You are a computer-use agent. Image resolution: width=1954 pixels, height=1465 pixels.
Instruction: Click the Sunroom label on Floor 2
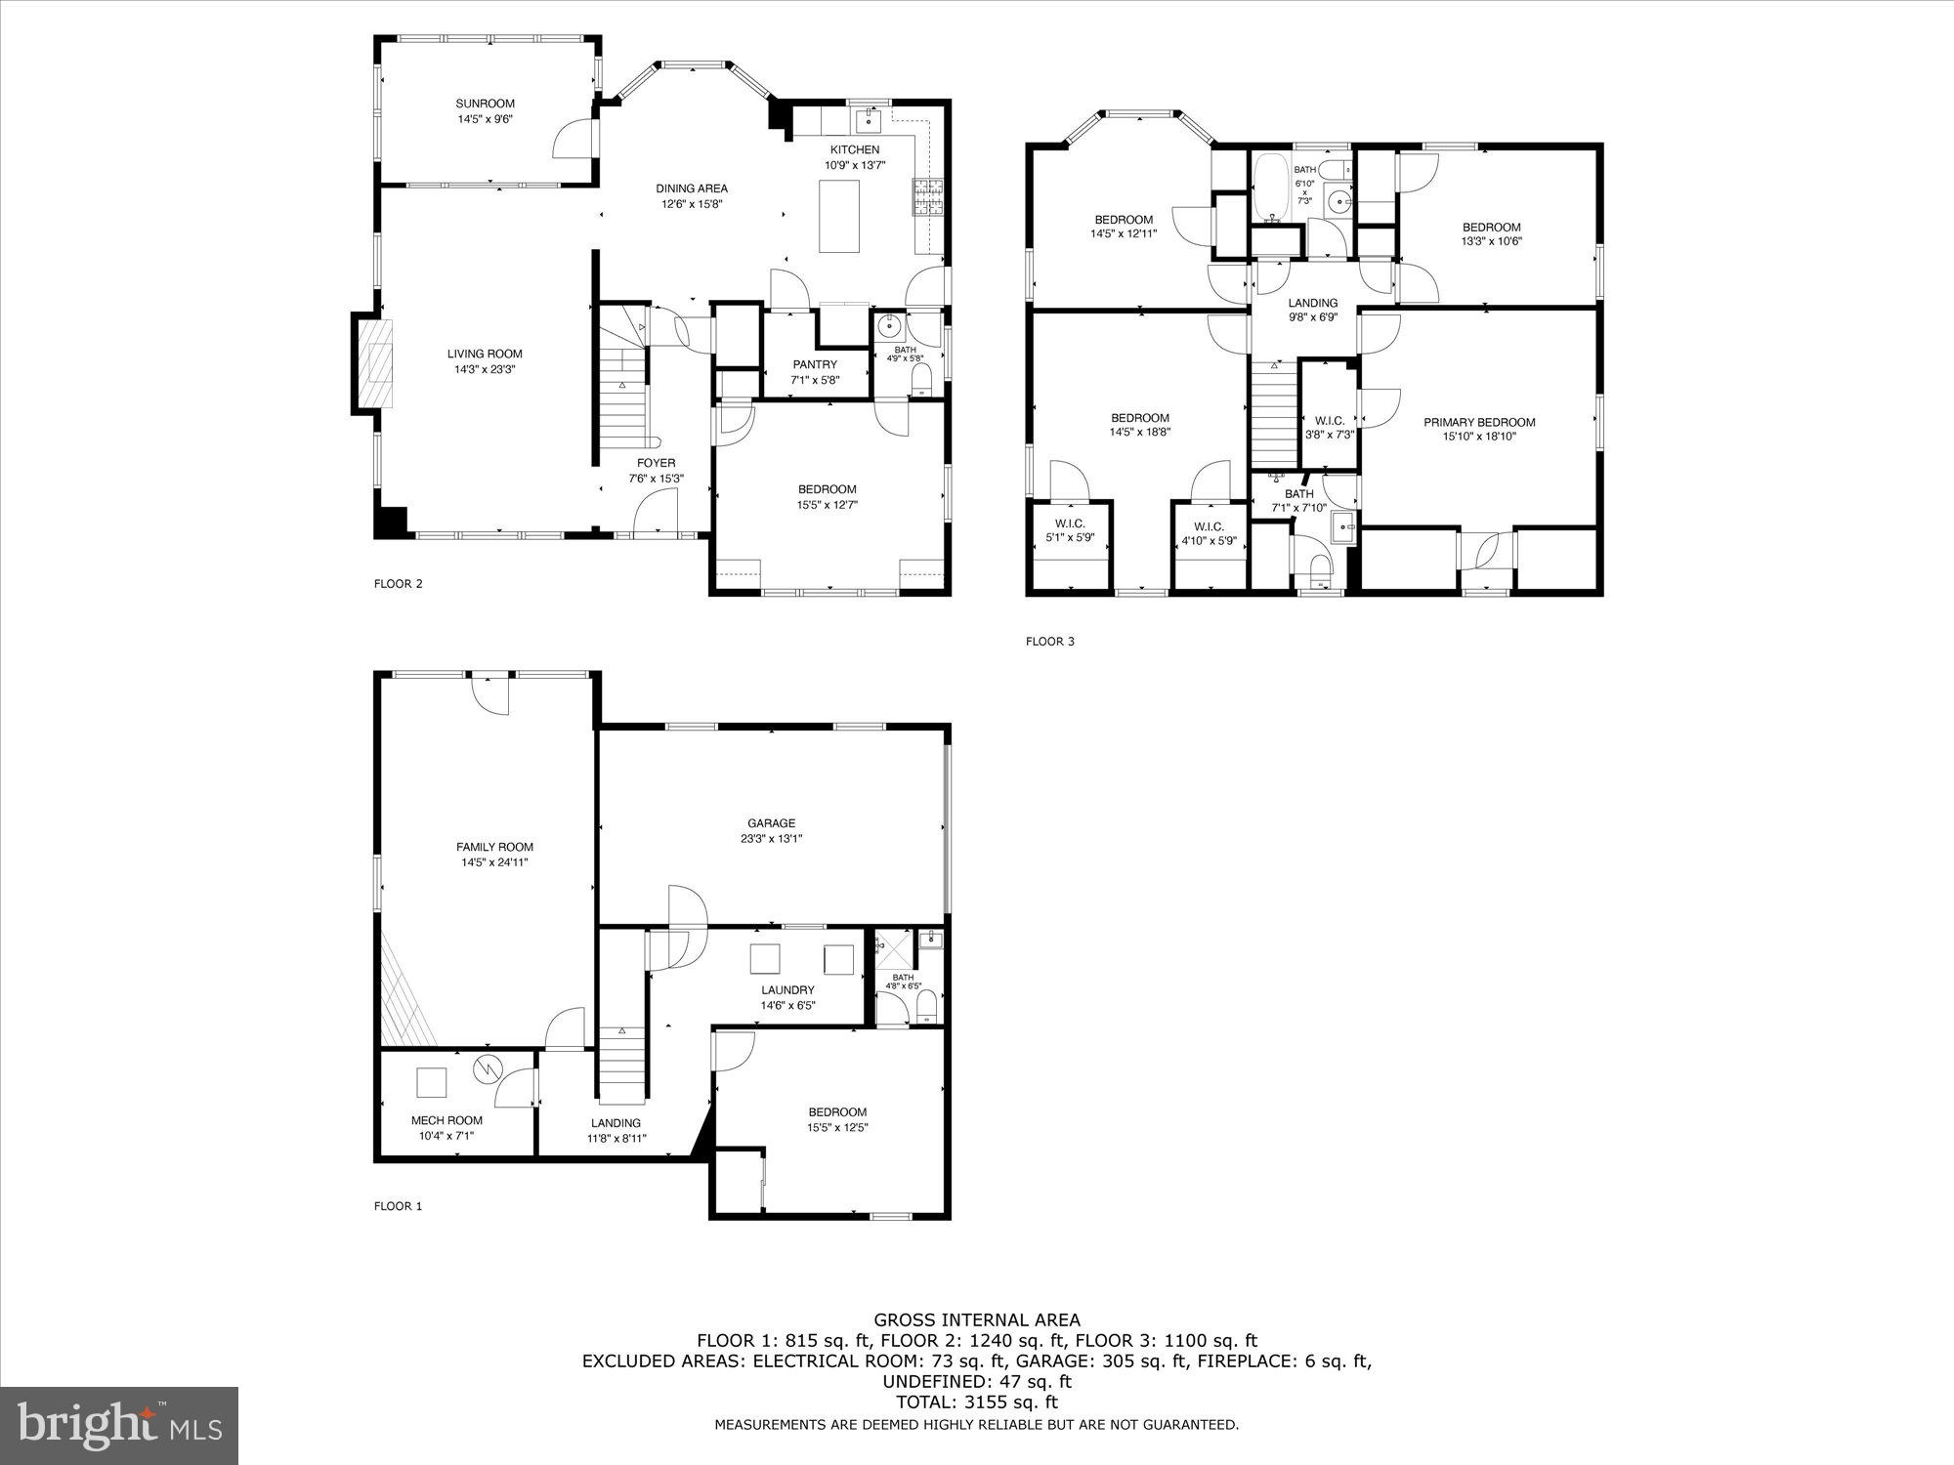[485, 104]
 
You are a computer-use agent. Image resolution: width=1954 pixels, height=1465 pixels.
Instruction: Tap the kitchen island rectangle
[839, 216]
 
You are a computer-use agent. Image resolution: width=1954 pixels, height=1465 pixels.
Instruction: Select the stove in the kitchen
[923, 197]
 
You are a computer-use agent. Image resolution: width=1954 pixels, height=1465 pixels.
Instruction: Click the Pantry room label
[815, 365]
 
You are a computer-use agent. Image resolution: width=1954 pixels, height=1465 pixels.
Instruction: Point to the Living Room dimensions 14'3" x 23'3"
[485, 370]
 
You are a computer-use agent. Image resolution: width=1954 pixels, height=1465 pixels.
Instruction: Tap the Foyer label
[656, 463]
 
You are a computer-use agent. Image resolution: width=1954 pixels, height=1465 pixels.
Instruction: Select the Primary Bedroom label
[1479, 423]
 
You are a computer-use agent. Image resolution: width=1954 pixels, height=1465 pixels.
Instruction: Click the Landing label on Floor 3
[1312, 303]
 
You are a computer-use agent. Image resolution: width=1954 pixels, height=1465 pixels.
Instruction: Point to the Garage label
[772, 823]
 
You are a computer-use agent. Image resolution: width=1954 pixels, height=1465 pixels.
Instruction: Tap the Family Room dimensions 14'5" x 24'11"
[495, 862]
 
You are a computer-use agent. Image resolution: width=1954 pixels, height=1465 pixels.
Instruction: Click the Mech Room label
[446, 1120]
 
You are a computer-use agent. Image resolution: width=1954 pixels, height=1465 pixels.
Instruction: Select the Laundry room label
[787, 990]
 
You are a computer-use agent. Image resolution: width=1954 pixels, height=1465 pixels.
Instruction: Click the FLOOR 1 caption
[398, 1206]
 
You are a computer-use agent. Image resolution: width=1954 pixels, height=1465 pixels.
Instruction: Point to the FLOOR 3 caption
[1049, 642]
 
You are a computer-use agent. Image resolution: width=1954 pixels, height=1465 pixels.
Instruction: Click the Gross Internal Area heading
[977, 1320]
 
